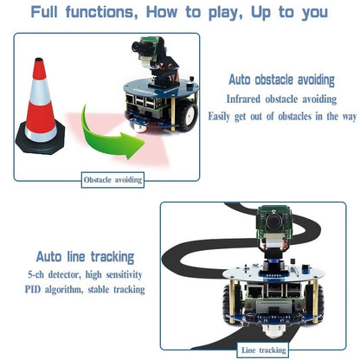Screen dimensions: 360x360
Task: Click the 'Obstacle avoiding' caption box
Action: (112, 180)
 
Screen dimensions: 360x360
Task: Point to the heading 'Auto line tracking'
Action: (85, 256)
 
